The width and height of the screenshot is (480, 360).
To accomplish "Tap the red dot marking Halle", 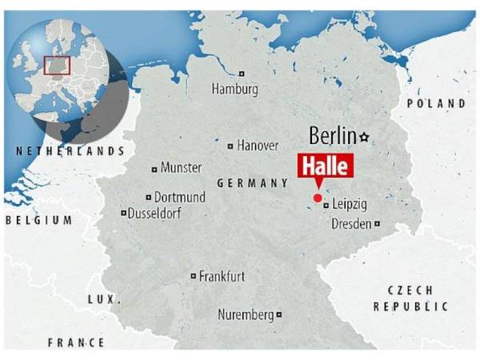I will point(318,198).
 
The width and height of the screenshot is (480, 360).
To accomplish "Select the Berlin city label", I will point(332,137).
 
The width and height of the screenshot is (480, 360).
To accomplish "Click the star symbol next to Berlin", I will point(365,137).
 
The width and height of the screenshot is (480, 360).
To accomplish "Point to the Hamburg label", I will point(234,90).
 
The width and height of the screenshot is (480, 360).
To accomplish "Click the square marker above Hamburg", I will point(241,74).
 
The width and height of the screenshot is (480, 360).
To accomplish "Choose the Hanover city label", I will point(258,146).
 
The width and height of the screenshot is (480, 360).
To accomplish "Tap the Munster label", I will point(181,168).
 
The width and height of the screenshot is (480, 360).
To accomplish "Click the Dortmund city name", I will point(179,197).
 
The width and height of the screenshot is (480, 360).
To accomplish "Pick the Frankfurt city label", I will point(222,277).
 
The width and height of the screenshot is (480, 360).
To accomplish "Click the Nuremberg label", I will point(246,315).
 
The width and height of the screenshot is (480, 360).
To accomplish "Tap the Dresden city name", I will point(351,224).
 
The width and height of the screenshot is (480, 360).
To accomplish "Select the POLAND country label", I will point(436,104).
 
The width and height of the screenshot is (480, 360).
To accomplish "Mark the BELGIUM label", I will point(38,219).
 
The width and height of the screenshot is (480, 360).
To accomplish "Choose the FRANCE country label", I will point(76,342).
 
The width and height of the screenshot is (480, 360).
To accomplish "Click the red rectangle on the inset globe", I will point(58,66).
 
